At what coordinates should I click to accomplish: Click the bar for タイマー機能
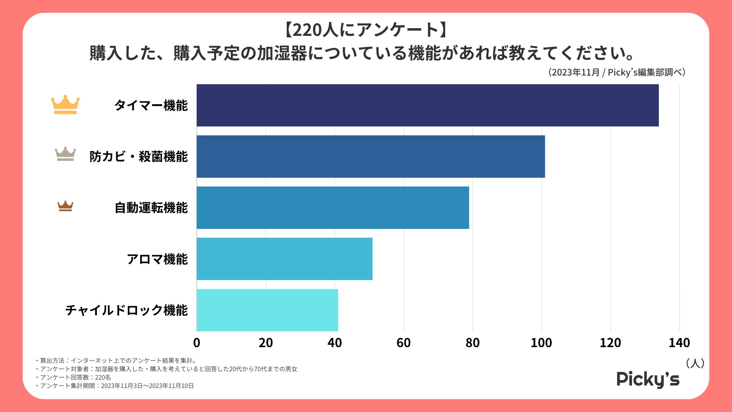tap(427, 105)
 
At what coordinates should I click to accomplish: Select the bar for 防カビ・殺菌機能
tap(371, 156)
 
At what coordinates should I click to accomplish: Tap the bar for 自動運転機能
tap(332, 208)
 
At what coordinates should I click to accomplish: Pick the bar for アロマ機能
tap(284, 259)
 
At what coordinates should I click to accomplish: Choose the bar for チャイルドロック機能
tap(267, 310)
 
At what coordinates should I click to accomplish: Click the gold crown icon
tap(65, 105)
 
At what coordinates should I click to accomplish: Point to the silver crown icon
tap(65, 154)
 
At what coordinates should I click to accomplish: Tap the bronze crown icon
tap(65, 206)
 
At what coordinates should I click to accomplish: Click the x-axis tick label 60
tap(403, 343)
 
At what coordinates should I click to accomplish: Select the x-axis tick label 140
tap(679, 343)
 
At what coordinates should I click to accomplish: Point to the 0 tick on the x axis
tap(197, 343)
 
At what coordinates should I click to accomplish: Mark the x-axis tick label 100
tap(541, 343)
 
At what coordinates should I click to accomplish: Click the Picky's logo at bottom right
tap(648, 379)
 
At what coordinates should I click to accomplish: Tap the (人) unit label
tap(695, 363)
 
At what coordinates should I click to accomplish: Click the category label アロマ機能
tap(157, 259)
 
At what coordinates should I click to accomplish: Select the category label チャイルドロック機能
tap(126, 310)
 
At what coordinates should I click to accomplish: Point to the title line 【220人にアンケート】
tap(366, 30)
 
